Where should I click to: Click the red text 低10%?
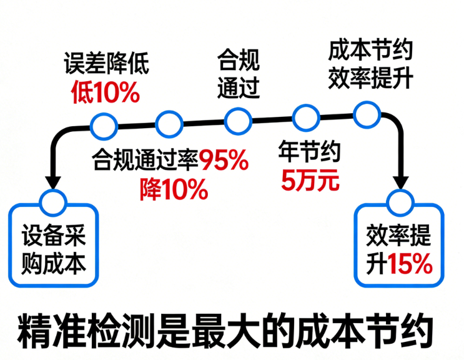106,92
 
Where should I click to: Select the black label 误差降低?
106,63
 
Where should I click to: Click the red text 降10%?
174,189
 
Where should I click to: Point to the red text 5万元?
310,180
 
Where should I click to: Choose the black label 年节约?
310,151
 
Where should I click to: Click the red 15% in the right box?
410,264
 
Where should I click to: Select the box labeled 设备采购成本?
54,245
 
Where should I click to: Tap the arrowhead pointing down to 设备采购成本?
53,182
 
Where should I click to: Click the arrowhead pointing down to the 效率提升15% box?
400,182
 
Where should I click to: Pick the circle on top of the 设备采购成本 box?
53,202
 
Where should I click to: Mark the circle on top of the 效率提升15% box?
401,202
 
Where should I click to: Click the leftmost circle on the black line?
104,126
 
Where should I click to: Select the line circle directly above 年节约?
306,118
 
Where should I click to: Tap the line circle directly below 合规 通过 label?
238,121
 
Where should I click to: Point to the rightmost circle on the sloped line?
367,115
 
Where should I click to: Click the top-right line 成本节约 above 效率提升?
370,51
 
